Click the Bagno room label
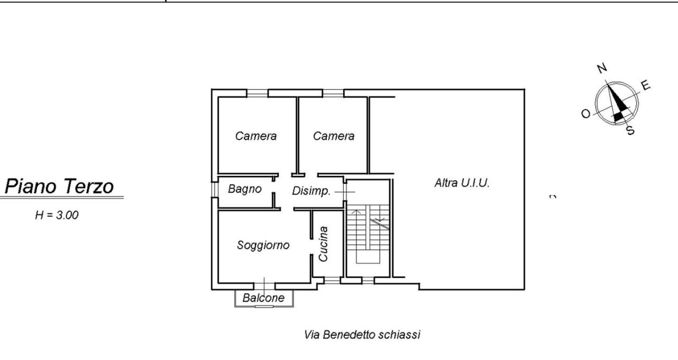click(x=245, y=189)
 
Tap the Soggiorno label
click(x=263, y=245)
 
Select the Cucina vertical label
click(x=323, y=244)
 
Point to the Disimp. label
click(x=311, y=191)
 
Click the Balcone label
click(x=263, y=298)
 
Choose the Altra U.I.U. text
click(x=462, y=183)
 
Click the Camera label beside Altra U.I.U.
click(x=334, y=136)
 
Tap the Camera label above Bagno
click(x=256, y=136)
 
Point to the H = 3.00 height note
click(x=57, y=215)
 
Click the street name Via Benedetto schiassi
click(x=362, y=335)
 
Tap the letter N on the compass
click(x=602, y=68)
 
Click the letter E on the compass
click(x=645, y=85)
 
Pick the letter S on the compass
click(x=630, y=130)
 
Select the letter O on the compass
click(x=586, y=114)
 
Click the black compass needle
click(x=616, y=103)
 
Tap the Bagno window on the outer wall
click(x=215, y=190)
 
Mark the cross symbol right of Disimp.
click(x=345, y=192)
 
